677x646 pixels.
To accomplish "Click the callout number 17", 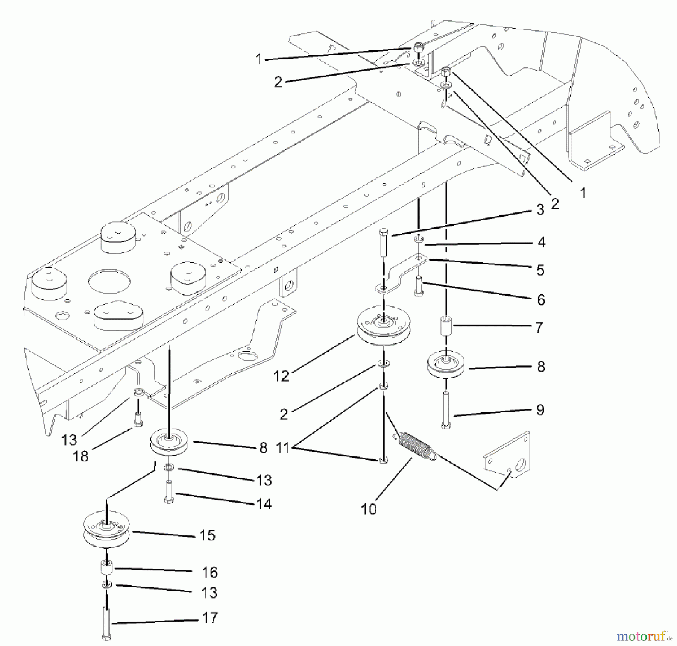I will tap(210, 617).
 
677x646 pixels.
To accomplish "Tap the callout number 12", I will tap(281, 376).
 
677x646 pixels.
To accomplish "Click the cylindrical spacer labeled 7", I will tap(446, 326).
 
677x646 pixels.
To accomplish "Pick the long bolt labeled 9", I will tap(446, 410).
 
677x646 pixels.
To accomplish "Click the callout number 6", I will tap(541, 300).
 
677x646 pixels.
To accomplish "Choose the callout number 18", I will tap(80, 456).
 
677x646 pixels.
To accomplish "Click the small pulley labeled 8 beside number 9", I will tap(446, 364).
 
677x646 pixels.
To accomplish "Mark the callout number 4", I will tap(541, 242).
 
